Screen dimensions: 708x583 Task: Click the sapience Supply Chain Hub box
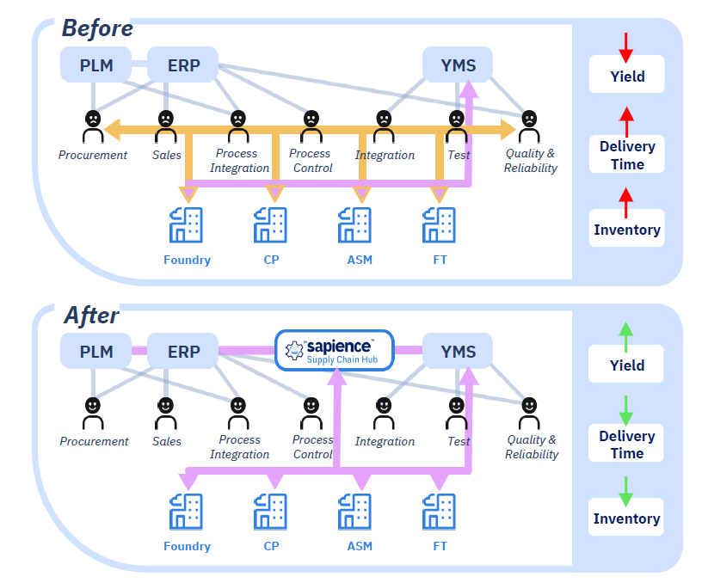(335, 351)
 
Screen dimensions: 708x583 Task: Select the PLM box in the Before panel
(95, 64)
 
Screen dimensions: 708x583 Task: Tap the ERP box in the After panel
(183, 351)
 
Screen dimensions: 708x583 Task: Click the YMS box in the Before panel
(458, 64)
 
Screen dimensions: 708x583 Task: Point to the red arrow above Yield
(625, 47)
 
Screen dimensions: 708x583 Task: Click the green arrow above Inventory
(625, 491)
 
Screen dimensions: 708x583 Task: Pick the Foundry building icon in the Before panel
(186, 224)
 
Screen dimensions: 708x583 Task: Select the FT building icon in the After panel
(439, 512)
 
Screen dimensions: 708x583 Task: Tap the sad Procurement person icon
(93, 126)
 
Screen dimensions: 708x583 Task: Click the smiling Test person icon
(457, 413)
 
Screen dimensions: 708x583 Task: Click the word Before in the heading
(97, 28)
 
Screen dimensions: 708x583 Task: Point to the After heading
(92, 315)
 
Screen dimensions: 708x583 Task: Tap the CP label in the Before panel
(271, 260)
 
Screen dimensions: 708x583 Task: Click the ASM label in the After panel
(360, 546)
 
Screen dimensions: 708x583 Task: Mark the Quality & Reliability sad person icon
(529, 126)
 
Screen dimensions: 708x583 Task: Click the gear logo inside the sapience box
(294, 351)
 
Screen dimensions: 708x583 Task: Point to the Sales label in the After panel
(167, 441)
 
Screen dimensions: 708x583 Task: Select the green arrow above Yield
(625, 336)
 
